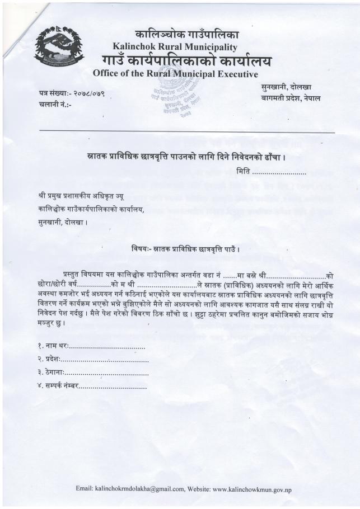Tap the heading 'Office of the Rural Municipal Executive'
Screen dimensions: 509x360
[175, 73]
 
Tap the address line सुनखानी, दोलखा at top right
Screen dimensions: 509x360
[286, 87]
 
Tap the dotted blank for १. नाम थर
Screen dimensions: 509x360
[107, 348]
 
